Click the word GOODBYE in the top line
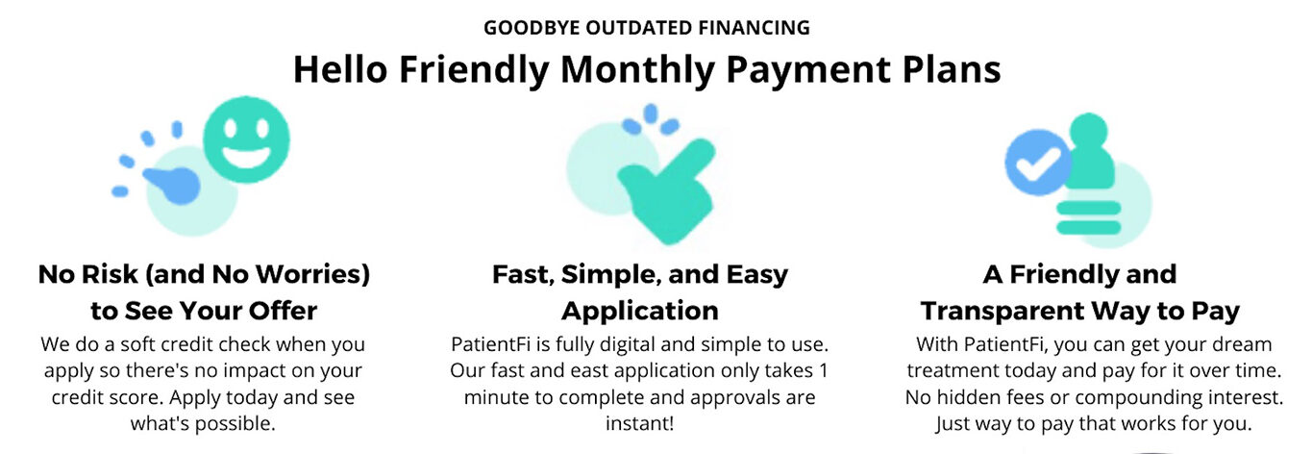point(532,28)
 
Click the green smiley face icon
point(246,140)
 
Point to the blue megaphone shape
point(173,184)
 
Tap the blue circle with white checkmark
point(1037,163)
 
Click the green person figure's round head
point(1088,131)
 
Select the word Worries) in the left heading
point(313,275)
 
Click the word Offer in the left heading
point(283,311)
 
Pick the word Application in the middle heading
point(640,312)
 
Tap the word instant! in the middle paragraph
point(639,423)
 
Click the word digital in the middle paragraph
point(628,345)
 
